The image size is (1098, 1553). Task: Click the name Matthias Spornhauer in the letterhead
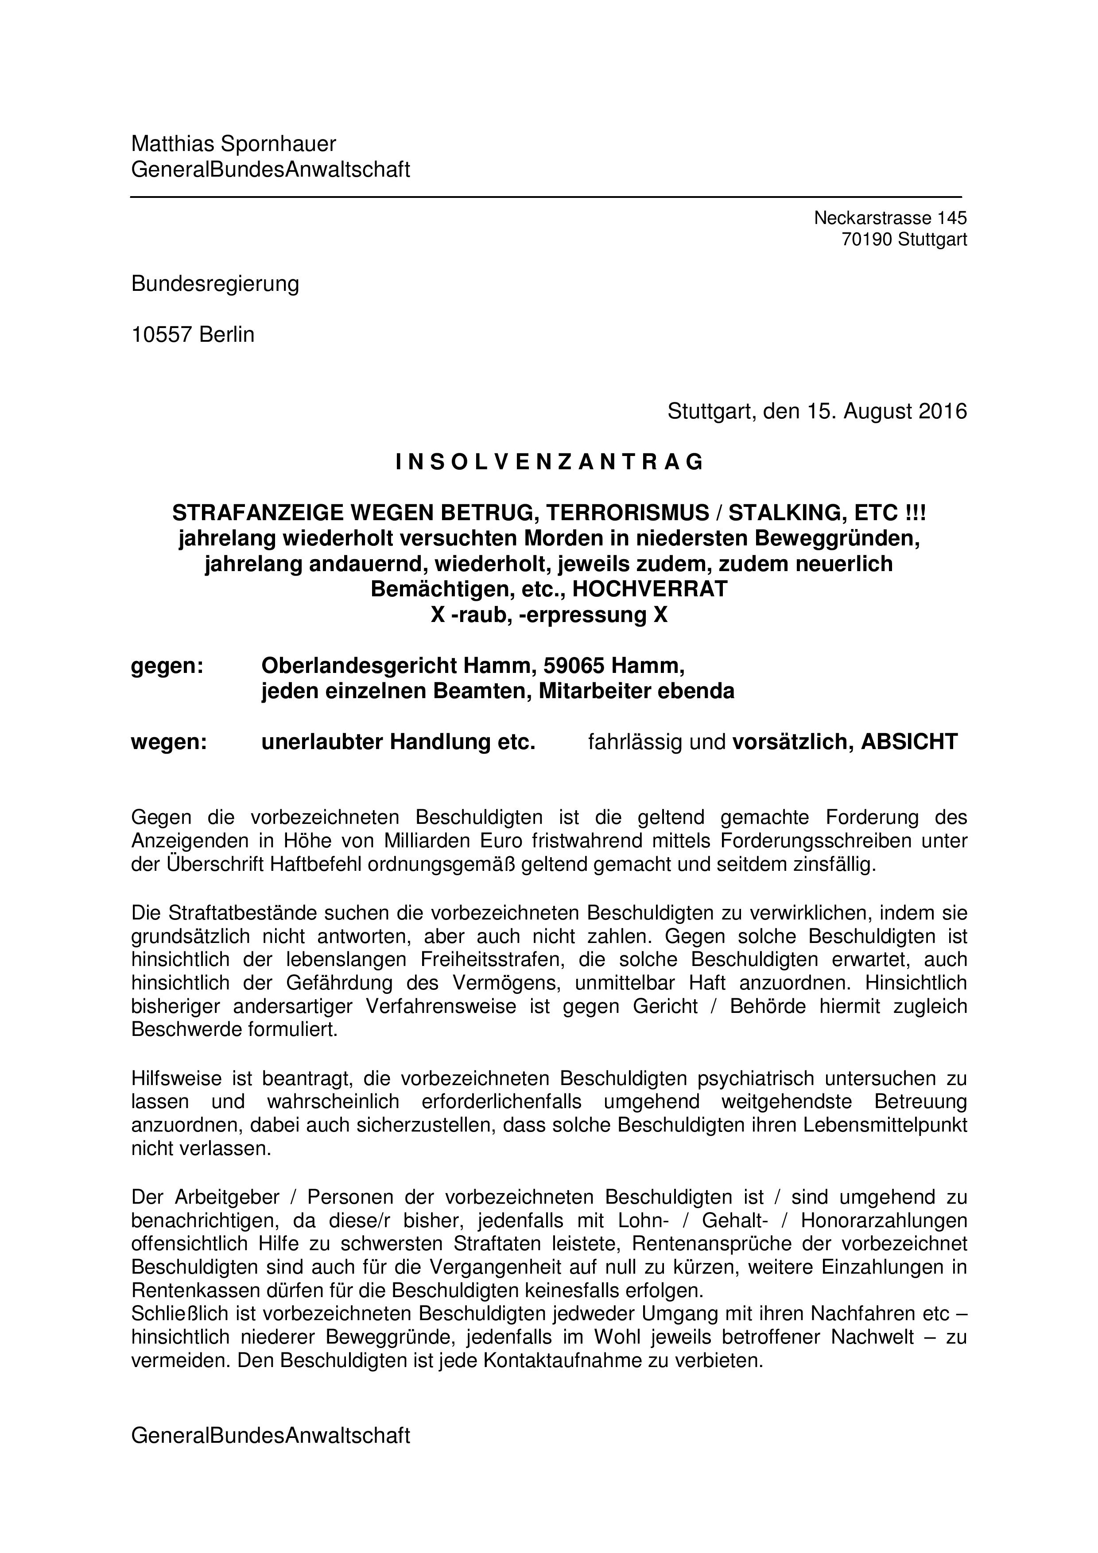tap(233, 144)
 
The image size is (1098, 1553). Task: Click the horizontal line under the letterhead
tap(545, 197)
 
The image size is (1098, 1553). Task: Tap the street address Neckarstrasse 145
tap(890, 218)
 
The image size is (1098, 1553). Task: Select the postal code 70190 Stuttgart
tap(904, 239)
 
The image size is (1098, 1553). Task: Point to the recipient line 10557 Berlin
tap(193, 334)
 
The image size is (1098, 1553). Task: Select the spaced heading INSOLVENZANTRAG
tap(549, 462)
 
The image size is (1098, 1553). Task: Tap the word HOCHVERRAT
tap(649, 589)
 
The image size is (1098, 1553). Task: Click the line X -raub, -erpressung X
tap(549, 615)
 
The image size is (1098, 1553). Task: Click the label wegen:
tap(168, 742)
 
